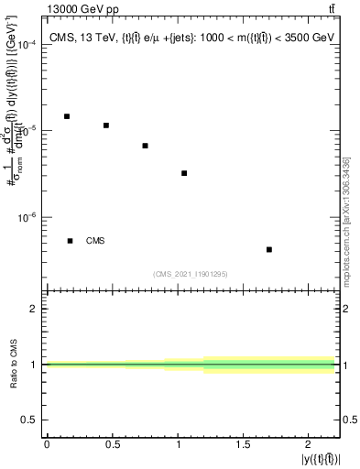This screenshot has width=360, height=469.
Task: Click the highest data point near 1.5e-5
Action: [67, 116]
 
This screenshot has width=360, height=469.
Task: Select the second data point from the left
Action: [106, 125]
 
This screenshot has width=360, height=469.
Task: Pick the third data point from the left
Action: [145, 146]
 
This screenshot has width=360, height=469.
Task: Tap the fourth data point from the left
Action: [184, 173]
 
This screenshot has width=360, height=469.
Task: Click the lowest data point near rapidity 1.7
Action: [268, 249]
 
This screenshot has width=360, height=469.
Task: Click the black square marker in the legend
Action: [70, 241]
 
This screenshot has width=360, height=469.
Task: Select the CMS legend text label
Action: [95, 241]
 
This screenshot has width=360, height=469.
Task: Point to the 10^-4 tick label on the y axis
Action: [25, 45]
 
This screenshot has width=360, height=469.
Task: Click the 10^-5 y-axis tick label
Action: [25, 131]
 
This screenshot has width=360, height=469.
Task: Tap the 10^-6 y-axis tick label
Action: [25, 218]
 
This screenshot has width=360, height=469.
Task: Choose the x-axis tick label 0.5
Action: [112, 444]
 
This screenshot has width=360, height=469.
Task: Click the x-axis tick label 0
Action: [47, 444]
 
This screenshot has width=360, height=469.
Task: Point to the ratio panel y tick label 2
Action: [34, 309]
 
